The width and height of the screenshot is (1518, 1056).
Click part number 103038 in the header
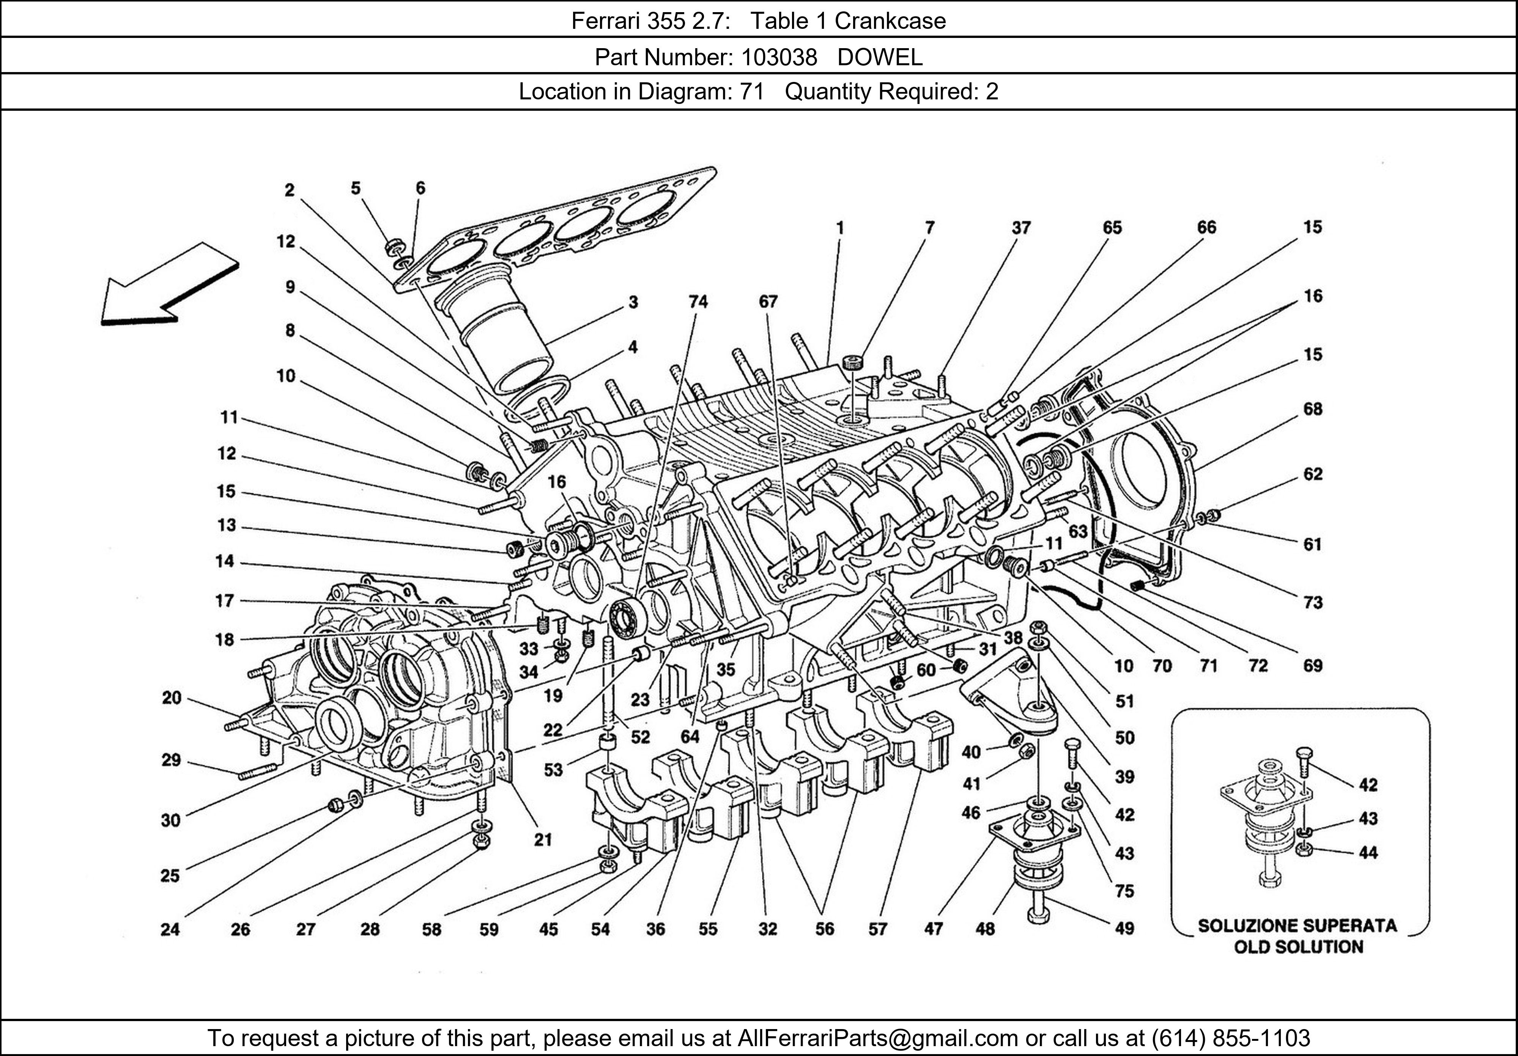(779, 58)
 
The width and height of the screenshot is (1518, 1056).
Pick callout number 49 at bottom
(1124, 929)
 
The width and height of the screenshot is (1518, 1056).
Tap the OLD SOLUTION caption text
(1299, 947)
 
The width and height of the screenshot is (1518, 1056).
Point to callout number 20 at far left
(171, 698)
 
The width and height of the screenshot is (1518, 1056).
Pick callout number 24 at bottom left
(170, 929)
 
